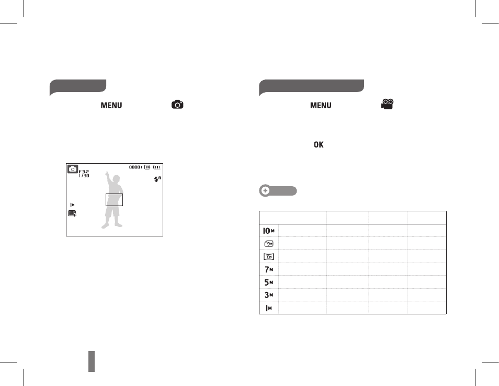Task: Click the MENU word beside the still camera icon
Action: tap(111, 105)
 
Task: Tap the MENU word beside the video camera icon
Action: tap(321, 105)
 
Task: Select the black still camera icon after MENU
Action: tap(177, 105)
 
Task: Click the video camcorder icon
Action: tap(387, 105)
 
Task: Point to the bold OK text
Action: tap(319, 144)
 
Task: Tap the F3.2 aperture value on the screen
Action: tap(84, 172)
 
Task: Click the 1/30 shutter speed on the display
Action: tap(84, 176)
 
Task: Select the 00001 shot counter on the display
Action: tap(135, 167)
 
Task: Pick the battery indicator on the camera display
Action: tap(157, 167)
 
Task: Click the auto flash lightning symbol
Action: tap(157, 179)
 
